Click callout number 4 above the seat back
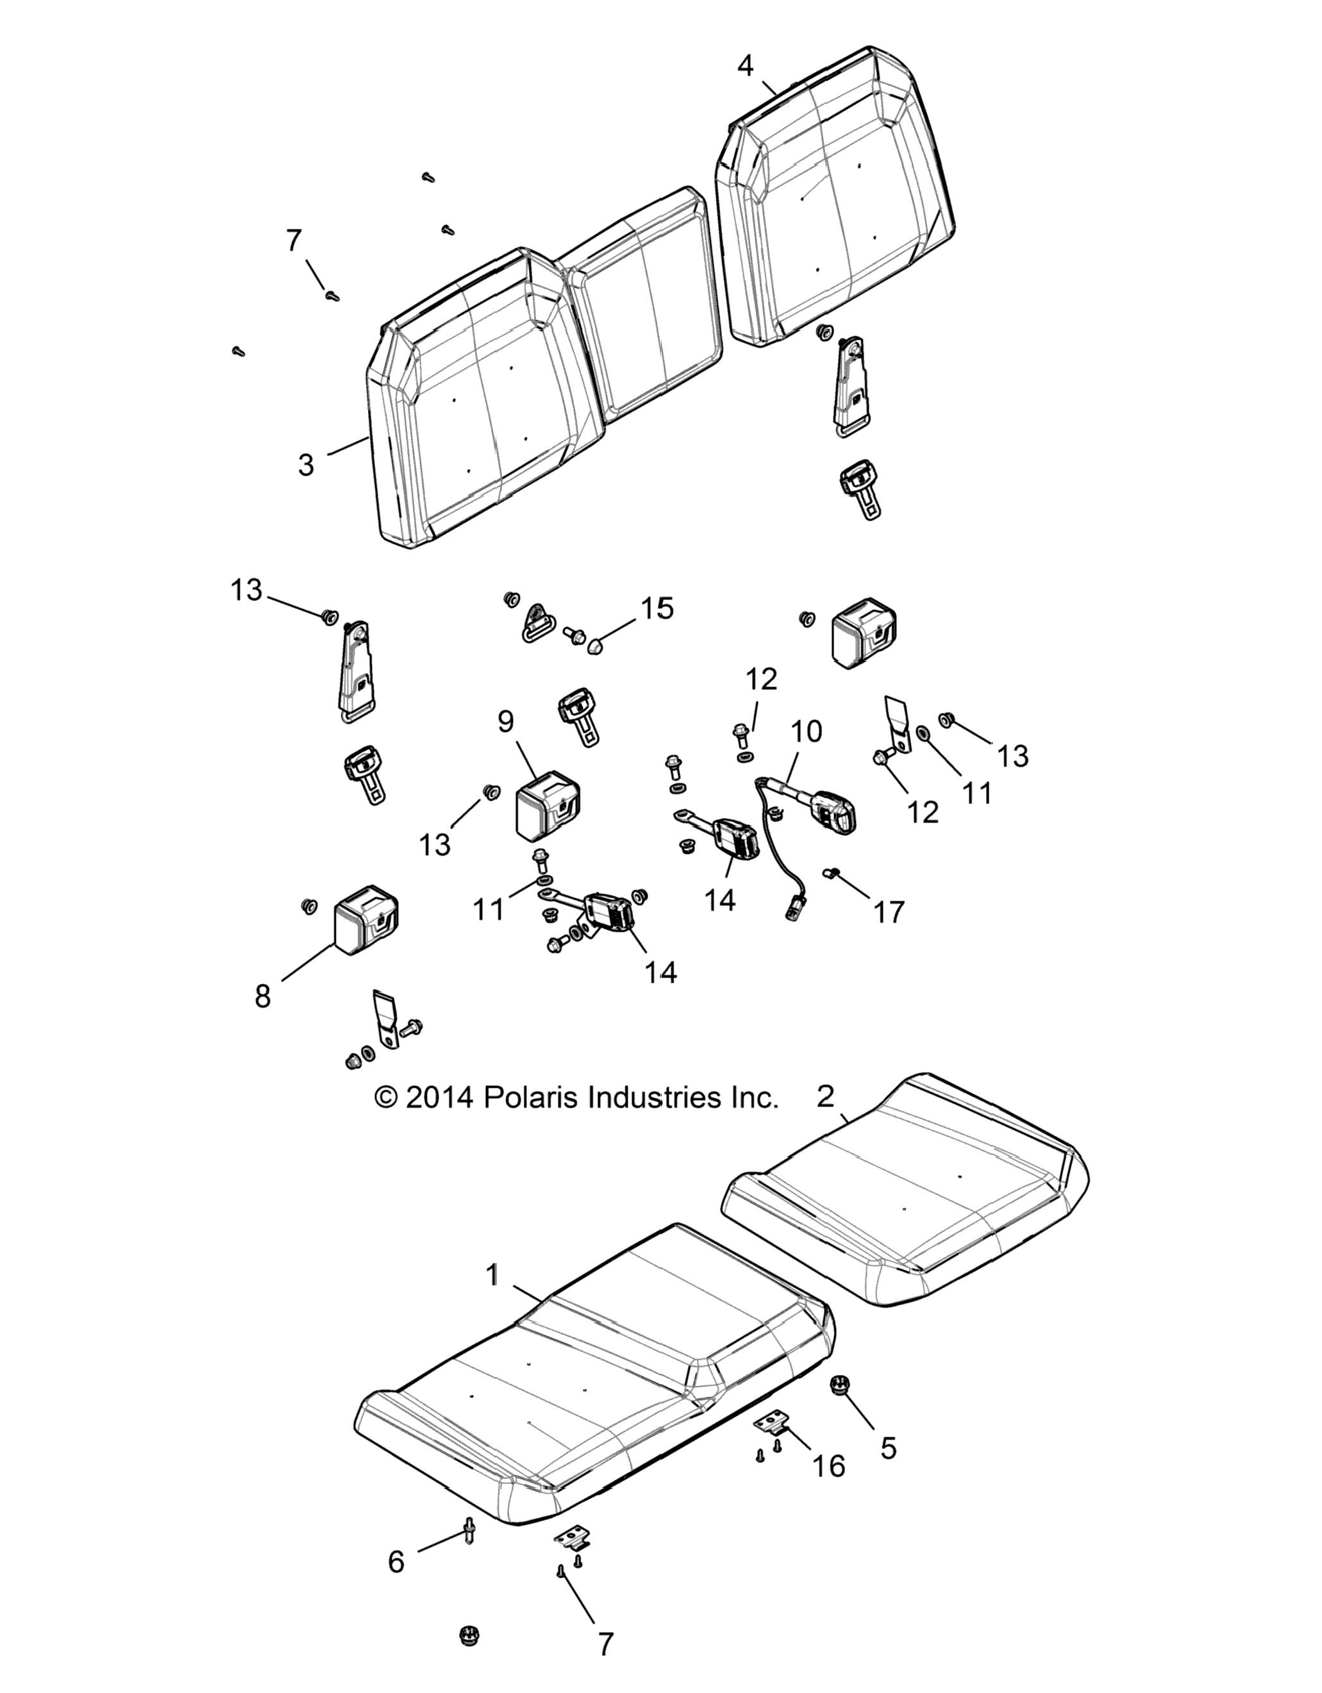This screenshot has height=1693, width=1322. [x=745, y=67]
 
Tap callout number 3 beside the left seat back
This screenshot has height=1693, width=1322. [x=306, y=465]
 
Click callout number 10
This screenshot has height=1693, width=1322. [x=807, y=731]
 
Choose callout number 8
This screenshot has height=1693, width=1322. [x=263, y=996]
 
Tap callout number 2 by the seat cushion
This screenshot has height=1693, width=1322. [x=826, y=1097]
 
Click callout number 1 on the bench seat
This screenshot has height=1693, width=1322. [x=491, y=1274]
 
